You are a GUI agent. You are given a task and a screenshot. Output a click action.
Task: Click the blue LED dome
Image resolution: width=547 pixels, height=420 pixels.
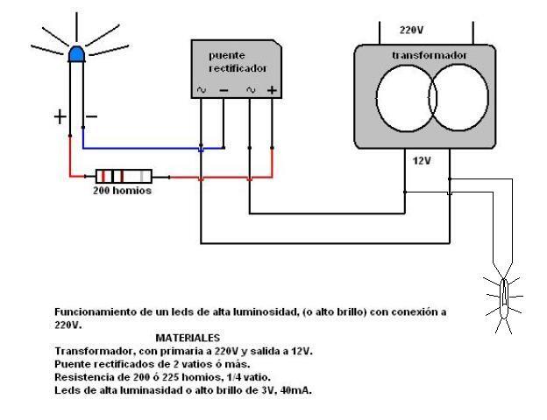77,54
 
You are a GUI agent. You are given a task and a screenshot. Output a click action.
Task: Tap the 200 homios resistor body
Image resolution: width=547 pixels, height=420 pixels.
124,176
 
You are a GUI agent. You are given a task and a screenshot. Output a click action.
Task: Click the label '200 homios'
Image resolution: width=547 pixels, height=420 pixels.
122,191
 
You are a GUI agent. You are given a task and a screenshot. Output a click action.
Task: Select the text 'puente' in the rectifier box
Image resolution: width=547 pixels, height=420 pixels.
227,56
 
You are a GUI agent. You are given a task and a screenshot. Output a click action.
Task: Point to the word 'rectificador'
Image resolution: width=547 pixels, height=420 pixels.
238,68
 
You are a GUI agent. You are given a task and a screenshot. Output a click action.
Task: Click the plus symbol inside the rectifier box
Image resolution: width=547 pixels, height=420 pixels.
272,90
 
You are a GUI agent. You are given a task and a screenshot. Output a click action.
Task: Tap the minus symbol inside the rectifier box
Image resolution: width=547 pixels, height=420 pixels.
224,90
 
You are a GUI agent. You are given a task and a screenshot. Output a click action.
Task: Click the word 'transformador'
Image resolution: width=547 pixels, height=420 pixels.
429,55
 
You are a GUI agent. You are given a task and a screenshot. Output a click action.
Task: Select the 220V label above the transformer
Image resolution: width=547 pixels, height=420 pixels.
411,30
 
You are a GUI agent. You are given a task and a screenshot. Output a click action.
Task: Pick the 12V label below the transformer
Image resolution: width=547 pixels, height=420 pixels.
422,160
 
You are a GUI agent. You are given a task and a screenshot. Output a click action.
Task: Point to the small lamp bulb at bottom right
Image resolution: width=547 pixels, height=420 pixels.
503,297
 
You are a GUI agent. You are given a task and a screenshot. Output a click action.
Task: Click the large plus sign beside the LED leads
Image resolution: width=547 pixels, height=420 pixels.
60,116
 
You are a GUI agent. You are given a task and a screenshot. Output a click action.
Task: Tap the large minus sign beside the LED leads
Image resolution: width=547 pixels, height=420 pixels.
91,116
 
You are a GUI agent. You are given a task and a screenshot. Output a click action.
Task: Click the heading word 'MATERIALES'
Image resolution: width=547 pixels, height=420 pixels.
188,338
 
